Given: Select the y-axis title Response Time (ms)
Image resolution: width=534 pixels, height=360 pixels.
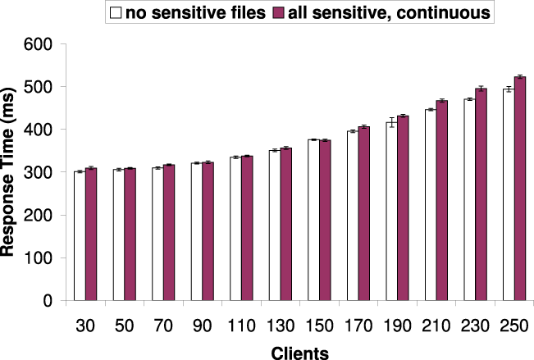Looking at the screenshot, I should point(12,172).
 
